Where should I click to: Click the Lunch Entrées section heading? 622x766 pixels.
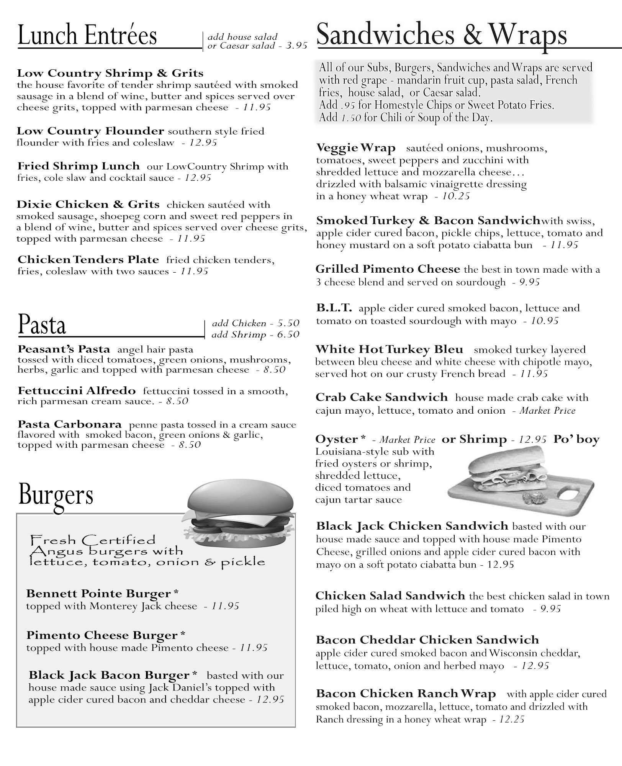(x=87, y=35)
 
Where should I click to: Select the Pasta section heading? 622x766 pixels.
(x=42, y=325)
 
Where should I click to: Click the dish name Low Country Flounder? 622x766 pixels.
(x=90, y=131)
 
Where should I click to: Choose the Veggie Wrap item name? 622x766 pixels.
(x=355, y=148)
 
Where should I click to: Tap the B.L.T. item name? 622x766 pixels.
(x=334, y=308)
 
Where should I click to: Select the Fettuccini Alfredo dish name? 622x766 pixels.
(x=77, y=391)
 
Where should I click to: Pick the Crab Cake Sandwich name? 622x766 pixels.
(x=381, y=397)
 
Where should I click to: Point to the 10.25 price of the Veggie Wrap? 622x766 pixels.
(x=456, y=196)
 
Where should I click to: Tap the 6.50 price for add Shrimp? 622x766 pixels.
(x=288, y=334)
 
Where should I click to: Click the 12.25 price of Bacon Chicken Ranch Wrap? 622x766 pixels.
(x=512, y=719)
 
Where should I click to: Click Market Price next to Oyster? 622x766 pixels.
(x=407, y=440)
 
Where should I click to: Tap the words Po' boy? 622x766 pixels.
(x=576, y=439)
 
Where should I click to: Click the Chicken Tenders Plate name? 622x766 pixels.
(x=88, y=260)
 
